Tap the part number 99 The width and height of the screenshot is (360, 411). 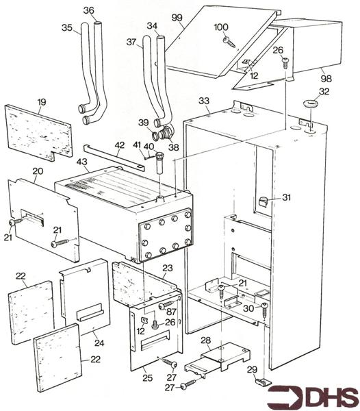point(177,18)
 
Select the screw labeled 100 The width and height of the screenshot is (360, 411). point(229,42)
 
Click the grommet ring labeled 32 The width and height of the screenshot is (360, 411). point(311,103)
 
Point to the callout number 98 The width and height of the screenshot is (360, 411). point(326,78)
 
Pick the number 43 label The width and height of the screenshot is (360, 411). point(81,162)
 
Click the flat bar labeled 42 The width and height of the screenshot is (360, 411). point(114,155)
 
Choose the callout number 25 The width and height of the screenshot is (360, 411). point(147,378)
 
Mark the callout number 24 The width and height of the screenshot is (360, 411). point(99,342)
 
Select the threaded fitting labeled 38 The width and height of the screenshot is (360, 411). point(166,133)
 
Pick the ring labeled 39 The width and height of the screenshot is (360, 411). point(155,136)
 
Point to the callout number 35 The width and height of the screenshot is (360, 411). point(67,27)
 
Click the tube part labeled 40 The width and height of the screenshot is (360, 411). point(159,162)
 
